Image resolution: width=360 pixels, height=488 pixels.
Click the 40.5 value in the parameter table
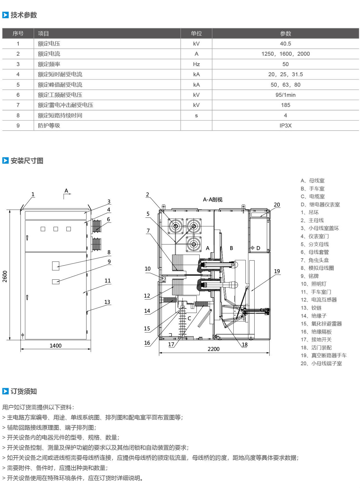(x=285, y=44)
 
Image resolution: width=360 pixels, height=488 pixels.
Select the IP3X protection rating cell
(x=285, y=126)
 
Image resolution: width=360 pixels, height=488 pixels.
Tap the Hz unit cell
(x=196, y=64)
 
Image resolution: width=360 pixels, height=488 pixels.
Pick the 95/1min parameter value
(x=285, y=95)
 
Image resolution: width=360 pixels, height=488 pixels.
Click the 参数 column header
(x=285, y=34)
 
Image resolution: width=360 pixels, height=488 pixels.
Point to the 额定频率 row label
(x=49, y=64)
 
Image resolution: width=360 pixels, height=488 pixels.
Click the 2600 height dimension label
(x=5, y=277)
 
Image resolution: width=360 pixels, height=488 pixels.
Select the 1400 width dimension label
(x=55, y=346)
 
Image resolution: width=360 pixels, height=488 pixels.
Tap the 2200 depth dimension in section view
(x=213, y=349)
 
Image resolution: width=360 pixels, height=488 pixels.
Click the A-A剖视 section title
(x=213, y=200)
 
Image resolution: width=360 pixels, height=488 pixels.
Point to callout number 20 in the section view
(x=277, y=205)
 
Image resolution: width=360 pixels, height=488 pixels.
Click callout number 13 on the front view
(x=107, y=302)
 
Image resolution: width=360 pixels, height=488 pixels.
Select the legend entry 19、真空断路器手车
(x=324, y=355)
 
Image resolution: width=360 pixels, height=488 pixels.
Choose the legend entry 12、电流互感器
(x=319, y=300)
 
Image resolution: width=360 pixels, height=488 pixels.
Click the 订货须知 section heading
(x=24, y=391)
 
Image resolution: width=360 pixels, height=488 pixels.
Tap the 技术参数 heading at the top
(x=24, y=15)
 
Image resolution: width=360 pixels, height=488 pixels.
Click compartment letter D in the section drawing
(x=258, y=248)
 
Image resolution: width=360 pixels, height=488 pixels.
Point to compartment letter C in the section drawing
(x=189, y=318)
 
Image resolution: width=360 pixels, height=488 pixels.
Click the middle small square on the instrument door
(x=56, y=229)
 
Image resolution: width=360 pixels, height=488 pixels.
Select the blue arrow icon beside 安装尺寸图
(x=5, y=160)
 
